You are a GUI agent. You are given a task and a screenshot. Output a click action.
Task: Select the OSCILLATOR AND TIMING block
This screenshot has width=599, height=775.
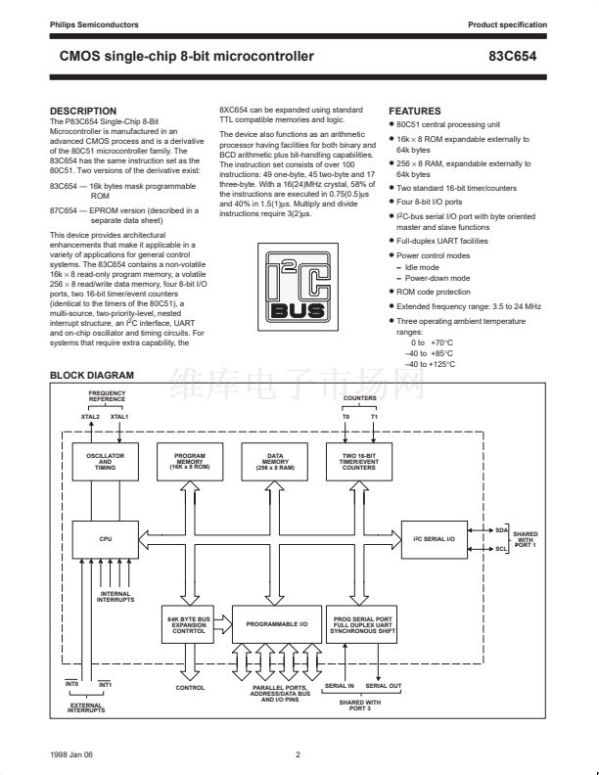click(105, 463)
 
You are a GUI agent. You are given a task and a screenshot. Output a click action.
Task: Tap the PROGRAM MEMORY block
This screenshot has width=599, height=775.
click(189, 463)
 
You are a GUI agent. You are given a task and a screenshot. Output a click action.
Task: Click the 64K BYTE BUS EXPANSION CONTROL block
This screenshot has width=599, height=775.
click(189, 624)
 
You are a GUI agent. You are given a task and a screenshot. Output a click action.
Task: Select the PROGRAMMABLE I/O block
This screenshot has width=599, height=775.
click(276, 624)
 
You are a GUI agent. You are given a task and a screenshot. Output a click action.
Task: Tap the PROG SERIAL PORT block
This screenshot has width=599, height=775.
click(362, 624)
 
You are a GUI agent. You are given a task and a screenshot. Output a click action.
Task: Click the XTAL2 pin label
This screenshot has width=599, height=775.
click(90, 418)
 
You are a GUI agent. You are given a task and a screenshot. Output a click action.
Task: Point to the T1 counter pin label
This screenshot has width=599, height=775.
click(374, 418)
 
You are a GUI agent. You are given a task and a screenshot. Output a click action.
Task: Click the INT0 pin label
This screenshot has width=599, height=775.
click(71, 684)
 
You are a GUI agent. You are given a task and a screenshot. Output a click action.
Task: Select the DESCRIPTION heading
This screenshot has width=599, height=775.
click(83, 111)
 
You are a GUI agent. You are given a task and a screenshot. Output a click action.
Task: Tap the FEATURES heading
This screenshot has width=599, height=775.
click(415, 111)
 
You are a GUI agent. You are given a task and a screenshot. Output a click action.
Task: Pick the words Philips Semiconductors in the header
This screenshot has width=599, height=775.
click(94, 23)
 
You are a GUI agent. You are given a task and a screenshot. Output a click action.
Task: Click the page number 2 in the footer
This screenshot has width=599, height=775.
click(299, 754)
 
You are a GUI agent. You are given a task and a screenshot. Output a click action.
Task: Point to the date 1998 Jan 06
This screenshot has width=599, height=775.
click(72, 754)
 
